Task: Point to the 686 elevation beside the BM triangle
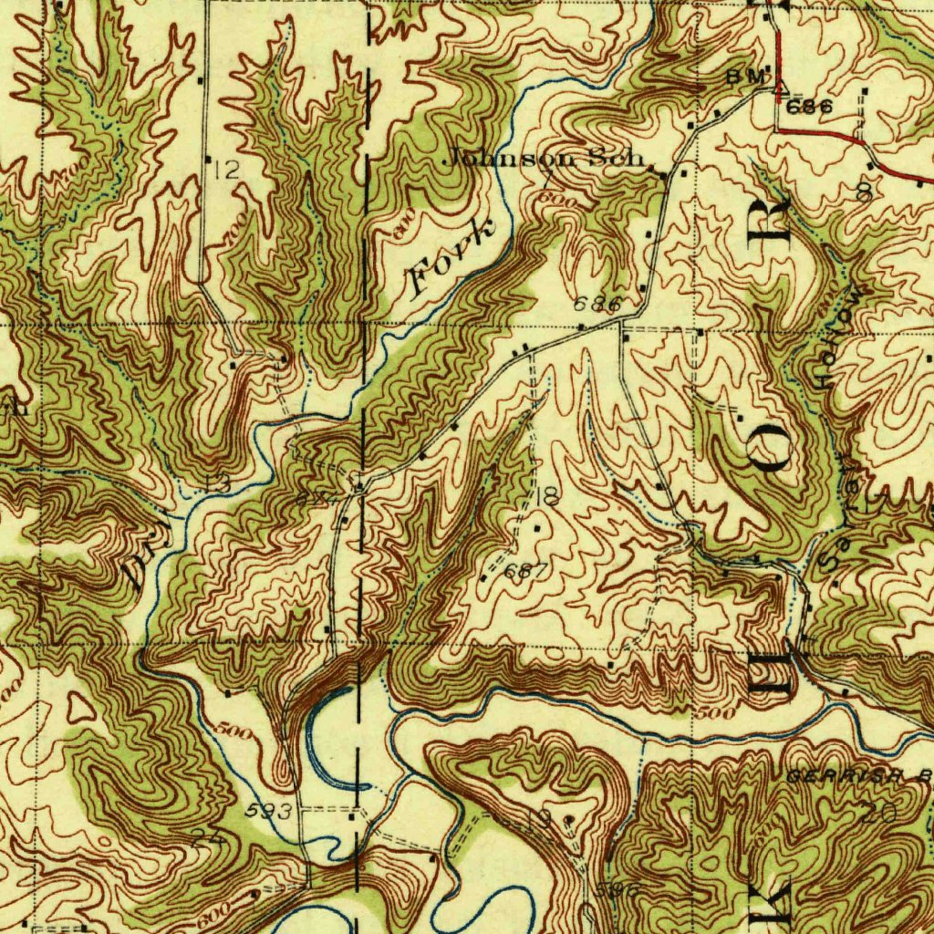808,107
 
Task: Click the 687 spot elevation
526,572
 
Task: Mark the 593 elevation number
270,810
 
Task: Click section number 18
547,497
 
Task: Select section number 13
217,483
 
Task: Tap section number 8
863,192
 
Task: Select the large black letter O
772,449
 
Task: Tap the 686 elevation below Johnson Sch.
597,304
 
